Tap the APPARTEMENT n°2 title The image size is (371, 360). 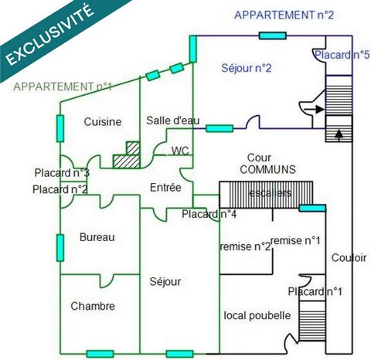point(284,15)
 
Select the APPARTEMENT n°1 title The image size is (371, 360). point(63,87)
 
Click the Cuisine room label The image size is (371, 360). point(103,122)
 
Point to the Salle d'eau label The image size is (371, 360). point(173,121)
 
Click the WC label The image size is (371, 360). point(180,151)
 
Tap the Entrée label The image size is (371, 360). point(165,188)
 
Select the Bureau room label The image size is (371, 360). point(97,237)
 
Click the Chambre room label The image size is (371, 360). point(93,306)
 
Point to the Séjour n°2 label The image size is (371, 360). point(247,68)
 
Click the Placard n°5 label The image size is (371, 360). point(342,55)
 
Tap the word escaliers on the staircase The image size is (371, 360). point(271,193)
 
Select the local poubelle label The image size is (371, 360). point(257,315)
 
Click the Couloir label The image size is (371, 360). point(349,258)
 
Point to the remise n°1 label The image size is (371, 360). point(295,240)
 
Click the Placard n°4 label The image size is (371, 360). point(209,214)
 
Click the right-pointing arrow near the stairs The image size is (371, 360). point(314,109)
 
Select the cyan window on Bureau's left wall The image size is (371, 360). point(60,248)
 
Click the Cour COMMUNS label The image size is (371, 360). point(267,164)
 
